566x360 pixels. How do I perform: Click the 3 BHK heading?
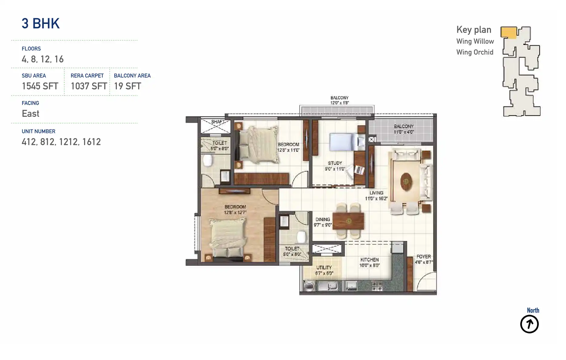coord(41,24)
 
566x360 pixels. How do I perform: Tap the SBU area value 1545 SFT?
coord(40,86)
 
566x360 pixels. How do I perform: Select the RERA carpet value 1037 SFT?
coord(89,86)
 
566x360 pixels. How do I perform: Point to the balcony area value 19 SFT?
coord(127,86)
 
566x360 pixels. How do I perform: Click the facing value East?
coord(31,114)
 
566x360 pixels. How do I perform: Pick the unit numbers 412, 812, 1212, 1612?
coord(61,142)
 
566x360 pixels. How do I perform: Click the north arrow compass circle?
coord(529,324)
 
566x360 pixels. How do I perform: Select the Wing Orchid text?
coord(475,52)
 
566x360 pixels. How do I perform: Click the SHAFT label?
coord(218,122)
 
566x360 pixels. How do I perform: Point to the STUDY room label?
coord(335,163)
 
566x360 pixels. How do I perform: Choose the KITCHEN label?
coord(369,260)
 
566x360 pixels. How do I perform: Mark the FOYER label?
coord(423,257)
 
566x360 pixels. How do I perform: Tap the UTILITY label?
coord(324,268)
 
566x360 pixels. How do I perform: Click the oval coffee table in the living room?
coord(406,182)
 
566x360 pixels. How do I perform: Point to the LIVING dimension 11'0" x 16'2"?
coord(376,199)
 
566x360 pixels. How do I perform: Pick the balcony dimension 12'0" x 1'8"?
coord(339,103)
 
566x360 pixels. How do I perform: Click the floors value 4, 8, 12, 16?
coord(43,59)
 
